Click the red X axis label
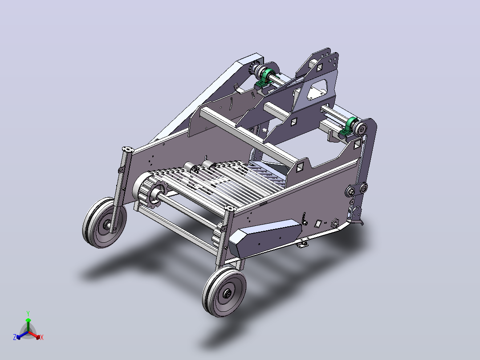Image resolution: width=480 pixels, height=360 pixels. point(42,337)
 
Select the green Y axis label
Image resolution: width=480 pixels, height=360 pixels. point(28,313)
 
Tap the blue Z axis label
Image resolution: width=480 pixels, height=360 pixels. point(15,337)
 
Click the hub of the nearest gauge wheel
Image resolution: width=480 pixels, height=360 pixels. point(228,294)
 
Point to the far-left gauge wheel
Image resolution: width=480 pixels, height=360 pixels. point(105,222)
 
